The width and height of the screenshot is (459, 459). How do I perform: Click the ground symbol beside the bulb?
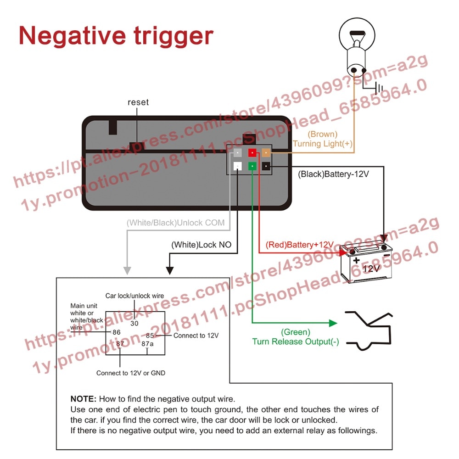click(377, 87)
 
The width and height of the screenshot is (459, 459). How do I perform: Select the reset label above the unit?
click(138, 102)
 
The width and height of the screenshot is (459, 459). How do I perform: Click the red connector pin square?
click(252, 153)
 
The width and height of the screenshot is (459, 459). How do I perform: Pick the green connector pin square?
click(252, 166)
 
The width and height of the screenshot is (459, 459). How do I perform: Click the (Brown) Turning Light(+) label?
click(323, 139)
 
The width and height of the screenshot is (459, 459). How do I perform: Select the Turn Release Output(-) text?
click(296, 341)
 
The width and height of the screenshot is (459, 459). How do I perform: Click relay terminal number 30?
click(134, 323)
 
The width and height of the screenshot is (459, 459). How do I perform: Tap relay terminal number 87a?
click(147, 343)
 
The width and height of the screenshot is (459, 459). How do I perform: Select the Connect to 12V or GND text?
click(130, 373)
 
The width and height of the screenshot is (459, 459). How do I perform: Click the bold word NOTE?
click(83, 399)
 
